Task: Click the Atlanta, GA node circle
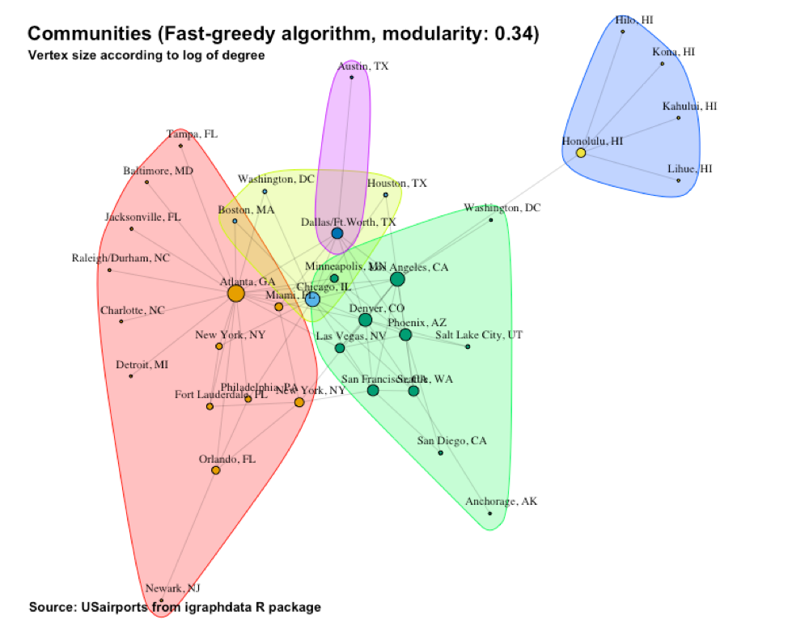click(x=235, y=294)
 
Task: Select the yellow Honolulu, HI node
click(x=580, y=152)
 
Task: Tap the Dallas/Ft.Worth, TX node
click(x=337, y=233)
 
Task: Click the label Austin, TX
click(x=363, y=66)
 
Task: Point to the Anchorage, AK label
click(x=501, y=502)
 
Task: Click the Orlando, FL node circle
click(x=216, y=470)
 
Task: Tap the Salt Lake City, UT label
click(x=479, y=334)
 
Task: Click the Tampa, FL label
click(x=192, y=134)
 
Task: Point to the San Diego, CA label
click(x=451, y=441)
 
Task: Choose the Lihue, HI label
click(x=690, y=169)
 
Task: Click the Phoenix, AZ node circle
click(x=405, y=334)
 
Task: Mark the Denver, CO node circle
click(x=366, y=320)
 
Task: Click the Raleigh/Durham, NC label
click(x=119, y=259)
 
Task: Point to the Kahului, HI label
click(x=689, y=106)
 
